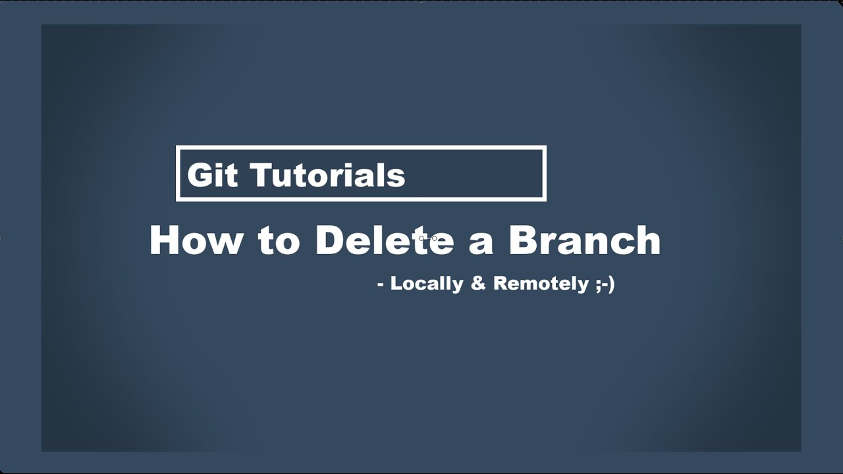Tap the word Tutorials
[327, 175]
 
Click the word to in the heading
[279, 241]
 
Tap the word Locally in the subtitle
[427, 284]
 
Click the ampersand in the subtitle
[477, 284]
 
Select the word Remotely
[541, 284]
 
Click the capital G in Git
[200, 175]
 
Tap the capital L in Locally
[396, 283]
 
